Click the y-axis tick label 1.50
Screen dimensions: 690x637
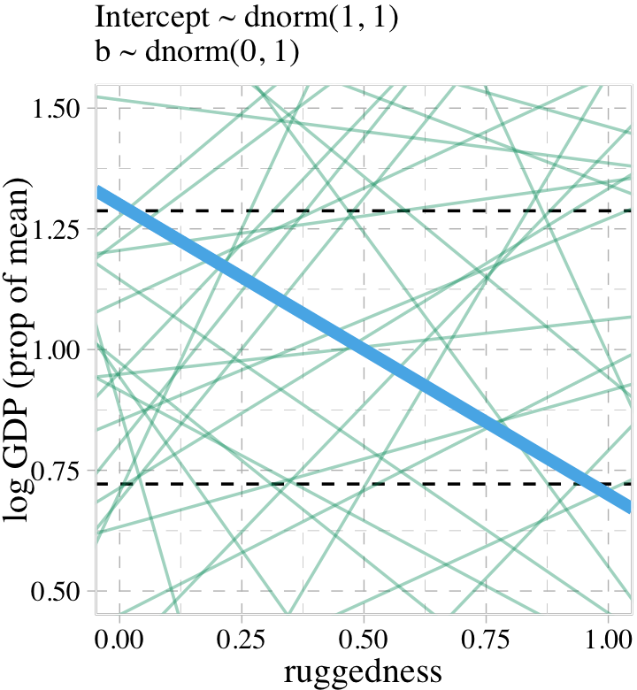pos(57,109)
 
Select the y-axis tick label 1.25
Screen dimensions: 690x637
pos(57,229)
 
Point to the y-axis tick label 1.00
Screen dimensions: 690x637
pos(57,349)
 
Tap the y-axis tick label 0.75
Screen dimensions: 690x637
pos(57,470)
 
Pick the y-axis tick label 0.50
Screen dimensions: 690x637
pos(57,590)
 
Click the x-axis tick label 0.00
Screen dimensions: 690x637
pos(119,640)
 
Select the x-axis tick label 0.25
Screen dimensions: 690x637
pos(242,640)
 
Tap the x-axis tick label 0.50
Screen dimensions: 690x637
pos(364,640)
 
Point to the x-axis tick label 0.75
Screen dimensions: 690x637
pos(486,640)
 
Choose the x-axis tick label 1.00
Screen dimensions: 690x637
pos(608,640)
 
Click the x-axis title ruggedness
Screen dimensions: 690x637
pos(363,672)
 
